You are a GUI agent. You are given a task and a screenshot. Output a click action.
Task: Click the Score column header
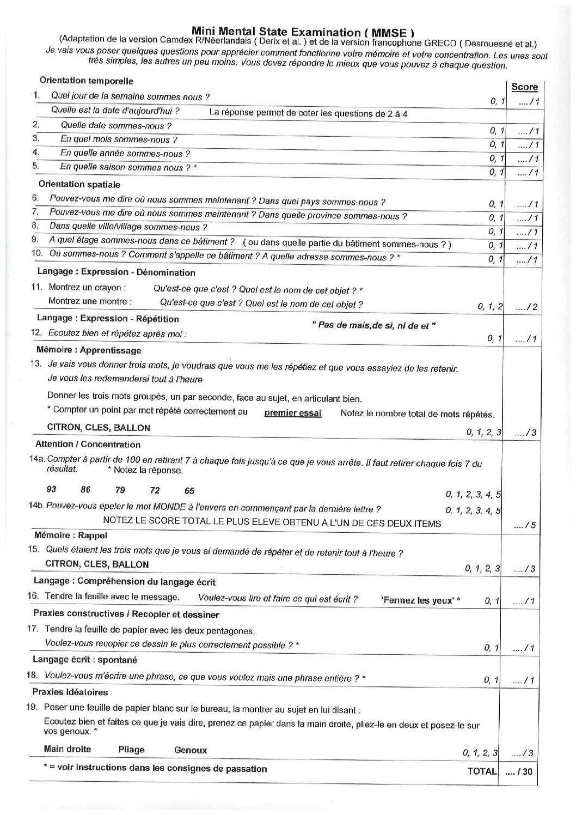524,87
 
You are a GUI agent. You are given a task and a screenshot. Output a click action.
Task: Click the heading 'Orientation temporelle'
86,81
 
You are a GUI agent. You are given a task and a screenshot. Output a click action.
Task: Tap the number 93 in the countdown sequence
52,489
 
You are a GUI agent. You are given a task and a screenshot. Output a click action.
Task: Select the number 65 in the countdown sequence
189,491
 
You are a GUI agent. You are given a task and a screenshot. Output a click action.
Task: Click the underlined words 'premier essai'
292,412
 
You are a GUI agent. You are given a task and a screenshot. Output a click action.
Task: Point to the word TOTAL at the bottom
482,771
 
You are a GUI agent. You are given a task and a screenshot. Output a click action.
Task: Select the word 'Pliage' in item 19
131,749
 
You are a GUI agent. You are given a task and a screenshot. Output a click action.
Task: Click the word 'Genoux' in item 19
191,750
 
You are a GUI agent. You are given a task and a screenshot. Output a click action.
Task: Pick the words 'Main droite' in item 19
67,749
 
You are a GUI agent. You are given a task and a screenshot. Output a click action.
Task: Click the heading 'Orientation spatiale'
79,185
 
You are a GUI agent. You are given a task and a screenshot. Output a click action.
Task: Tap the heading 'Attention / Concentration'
88,445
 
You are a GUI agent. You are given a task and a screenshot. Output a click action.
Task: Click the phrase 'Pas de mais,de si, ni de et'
374,326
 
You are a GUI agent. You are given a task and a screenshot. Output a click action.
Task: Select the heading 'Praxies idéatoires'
70,692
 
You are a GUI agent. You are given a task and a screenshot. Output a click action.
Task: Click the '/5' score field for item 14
525,525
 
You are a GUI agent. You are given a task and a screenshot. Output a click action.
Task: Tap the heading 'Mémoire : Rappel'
71,535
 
